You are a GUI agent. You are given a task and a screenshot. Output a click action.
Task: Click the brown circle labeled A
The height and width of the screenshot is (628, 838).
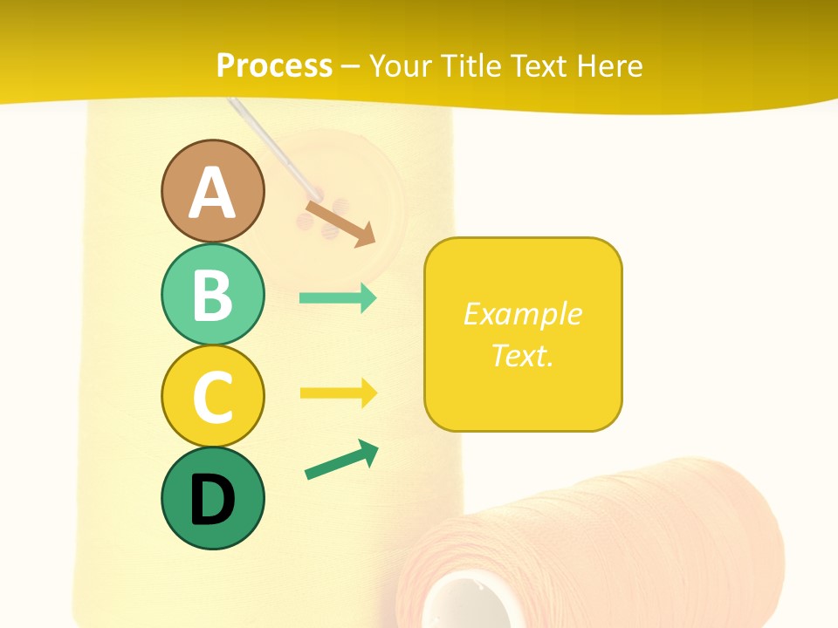pyautogui.click(x=212, y=191)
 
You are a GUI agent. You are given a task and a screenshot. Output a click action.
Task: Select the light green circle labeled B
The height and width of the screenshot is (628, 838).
pyautogui.click(x=212, y=294)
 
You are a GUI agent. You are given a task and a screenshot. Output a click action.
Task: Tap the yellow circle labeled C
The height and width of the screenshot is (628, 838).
pyautogui.click(x=212, y=396)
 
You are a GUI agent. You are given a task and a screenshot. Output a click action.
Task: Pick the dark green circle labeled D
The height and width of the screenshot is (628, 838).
pyautogui.click(x=212, y=499)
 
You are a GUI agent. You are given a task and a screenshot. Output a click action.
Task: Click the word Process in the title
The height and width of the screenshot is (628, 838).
pyautogui.click(x=274, y=65)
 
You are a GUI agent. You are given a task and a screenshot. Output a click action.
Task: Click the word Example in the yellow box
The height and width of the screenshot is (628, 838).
pyautogui.click(x=522, y=314)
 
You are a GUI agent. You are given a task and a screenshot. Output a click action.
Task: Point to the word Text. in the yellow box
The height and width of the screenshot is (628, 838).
pyautogui.click(x=522, y=355)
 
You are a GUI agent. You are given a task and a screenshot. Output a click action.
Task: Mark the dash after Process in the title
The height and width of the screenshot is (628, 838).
pyautogui.click(x=351, y=66)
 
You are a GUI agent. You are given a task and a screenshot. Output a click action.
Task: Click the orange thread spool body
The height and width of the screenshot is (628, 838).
pyautogui.click(x=628, y=541)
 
